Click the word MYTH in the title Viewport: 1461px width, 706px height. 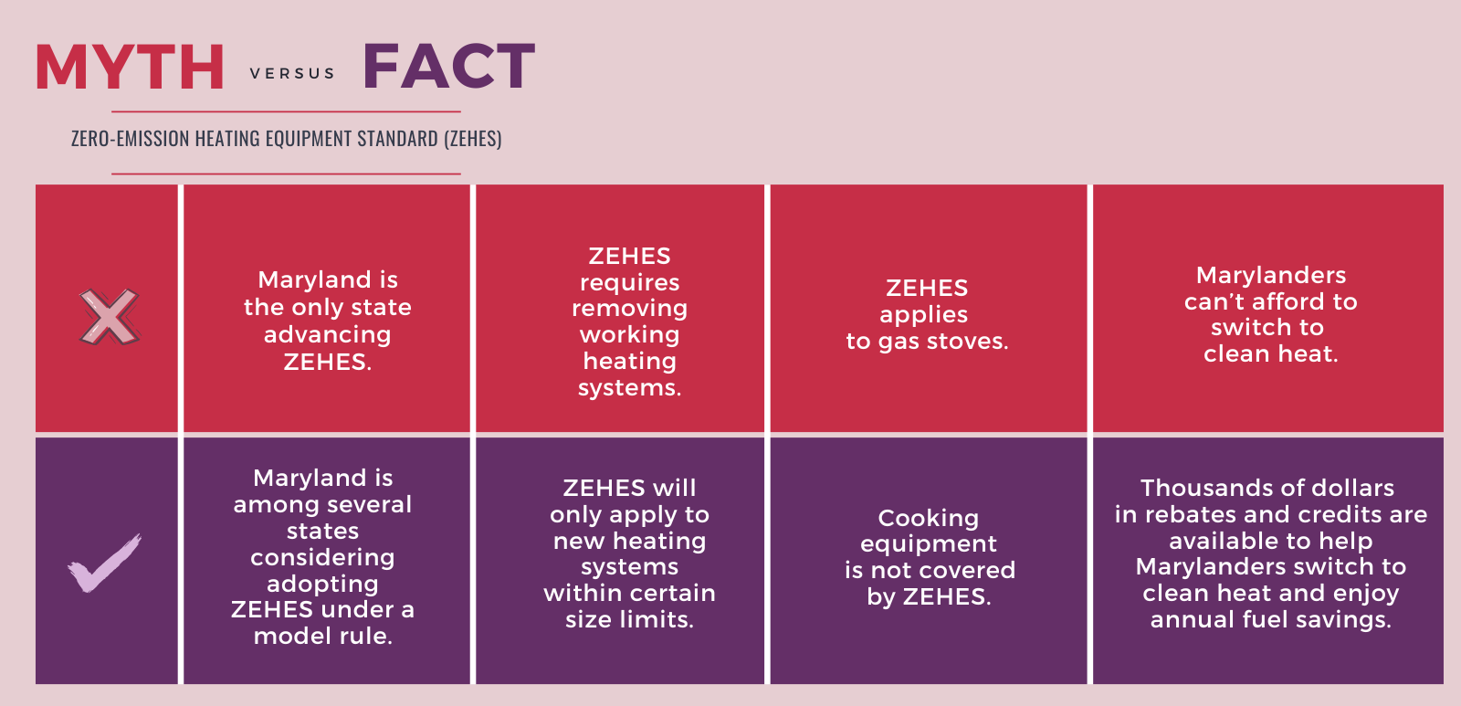point(130,67)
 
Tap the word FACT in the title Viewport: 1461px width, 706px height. point(449,65)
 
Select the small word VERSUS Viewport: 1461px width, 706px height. point(292,74)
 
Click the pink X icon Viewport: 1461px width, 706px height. point(109,317)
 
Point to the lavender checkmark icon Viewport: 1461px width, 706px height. point(104,563)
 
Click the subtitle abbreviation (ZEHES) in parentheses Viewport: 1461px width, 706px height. point(473,139)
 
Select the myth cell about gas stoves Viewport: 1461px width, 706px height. point(928,308)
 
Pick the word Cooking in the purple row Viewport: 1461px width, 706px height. point(928,518)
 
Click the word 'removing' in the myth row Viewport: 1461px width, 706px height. point(629,309)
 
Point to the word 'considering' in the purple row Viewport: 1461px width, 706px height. point(323,558)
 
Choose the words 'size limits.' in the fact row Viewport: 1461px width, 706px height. point(629,620)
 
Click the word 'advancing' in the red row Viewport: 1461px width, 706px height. point(328,335)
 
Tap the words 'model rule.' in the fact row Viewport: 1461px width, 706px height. point(323,637)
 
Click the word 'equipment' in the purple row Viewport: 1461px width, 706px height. point(928,545)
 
